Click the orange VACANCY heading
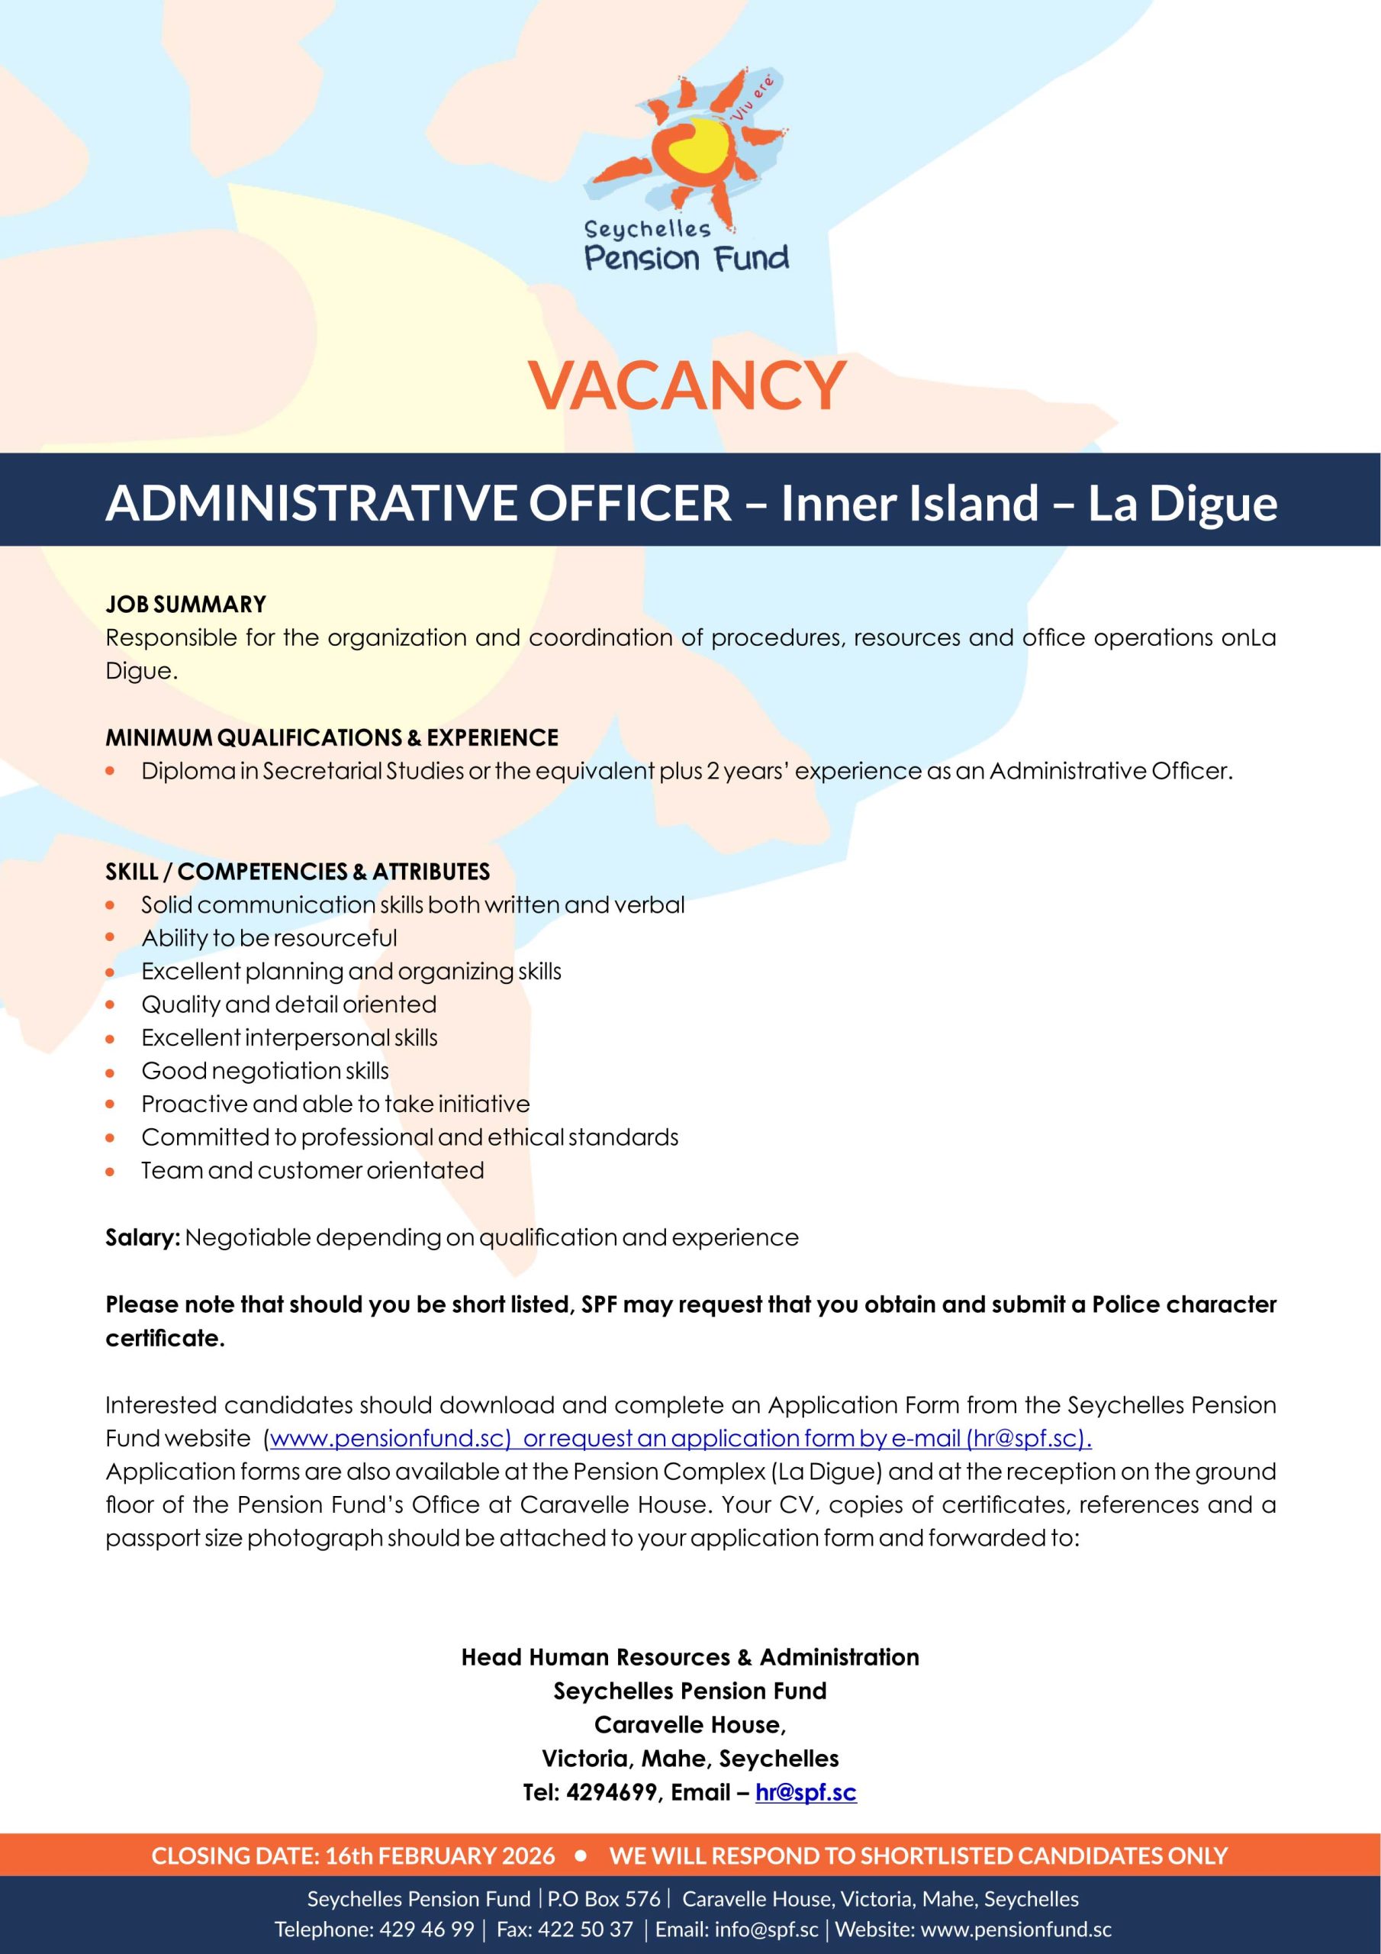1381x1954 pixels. (x=687, y=385)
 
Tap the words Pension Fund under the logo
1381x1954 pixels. (x=687, y=258)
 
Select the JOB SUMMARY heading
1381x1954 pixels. (x=185, y=605)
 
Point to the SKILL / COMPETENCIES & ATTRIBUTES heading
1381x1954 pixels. (x=297, y=872)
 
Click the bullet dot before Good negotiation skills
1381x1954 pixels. (x=110, y=1072)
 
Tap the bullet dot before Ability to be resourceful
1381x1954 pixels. (x=110, y=938)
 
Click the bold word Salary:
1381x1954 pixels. (x=142, y=1237)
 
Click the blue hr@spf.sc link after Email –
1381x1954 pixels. (x=805, y=1793)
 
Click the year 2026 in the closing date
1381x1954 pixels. (x=526, y=1856)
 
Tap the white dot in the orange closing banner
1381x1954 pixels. (x=582, y=1856)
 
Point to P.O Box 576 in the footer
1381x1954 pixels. (x=604, y=1900)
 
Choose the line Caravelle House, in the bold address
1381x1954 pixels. (x=690, y=1725)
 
